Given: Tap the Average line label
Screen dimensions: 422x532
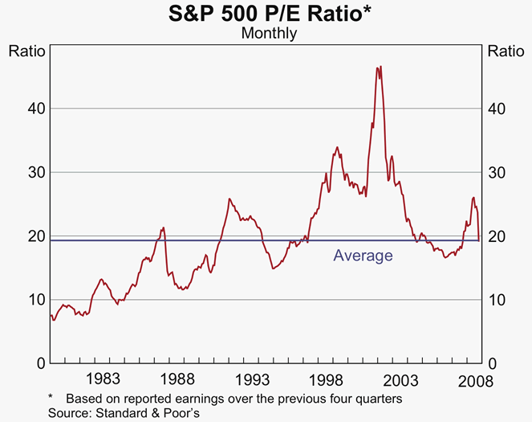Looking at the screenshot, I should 363,256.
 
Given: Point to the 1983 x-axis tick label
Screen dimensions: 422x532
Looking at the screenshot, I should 104,379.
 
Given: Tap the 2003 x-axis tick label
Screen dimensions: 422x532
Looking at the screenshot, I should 400,379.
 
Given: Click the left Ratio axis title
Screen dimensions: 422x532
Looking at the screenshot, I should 26,51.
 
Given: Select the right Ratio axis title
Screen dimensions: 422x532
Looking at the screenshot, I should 506,51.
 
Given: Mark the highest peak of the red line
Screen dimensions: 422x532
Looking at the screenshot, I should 379,67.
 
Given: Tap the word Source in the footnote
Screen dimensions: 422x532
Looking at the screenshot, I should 70,412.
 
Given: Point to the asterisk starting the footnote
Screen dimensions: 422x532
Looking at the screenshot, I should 51,398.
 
